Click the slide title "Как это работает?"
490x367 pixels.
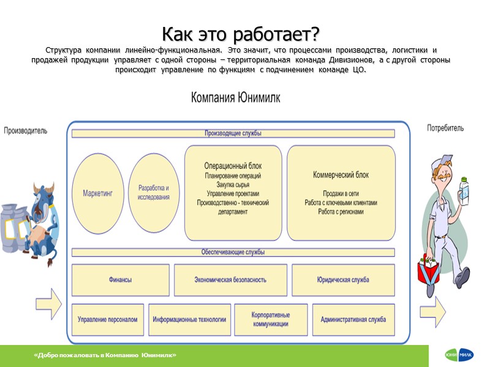pos(241,32)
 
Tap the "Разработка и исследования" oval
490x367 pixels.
pos(154,192)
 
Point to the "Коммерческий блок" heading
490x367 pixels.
pos(341,174)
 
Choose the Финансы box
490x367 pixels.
pos(120,280)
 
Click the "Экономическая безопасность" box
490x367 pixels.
pos(230,280)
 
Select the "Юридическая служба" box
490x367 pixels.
pos(343,280)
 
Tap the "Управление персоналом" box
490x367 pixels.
pos(108,319)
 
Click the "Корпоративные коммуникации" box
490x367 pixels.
pos(270,319)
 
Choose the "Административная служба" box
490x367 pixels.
pos(353,319)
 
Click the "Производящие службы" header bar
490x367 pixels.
pos(233,133)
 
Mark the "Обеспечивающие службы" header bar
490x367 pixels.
pos(233,252)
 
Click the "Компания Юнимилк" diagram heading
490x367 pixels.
pos(235,98)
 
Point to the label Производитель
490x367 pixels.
pos(26,130)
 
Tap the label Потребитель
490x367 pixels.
pos(445,128)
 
